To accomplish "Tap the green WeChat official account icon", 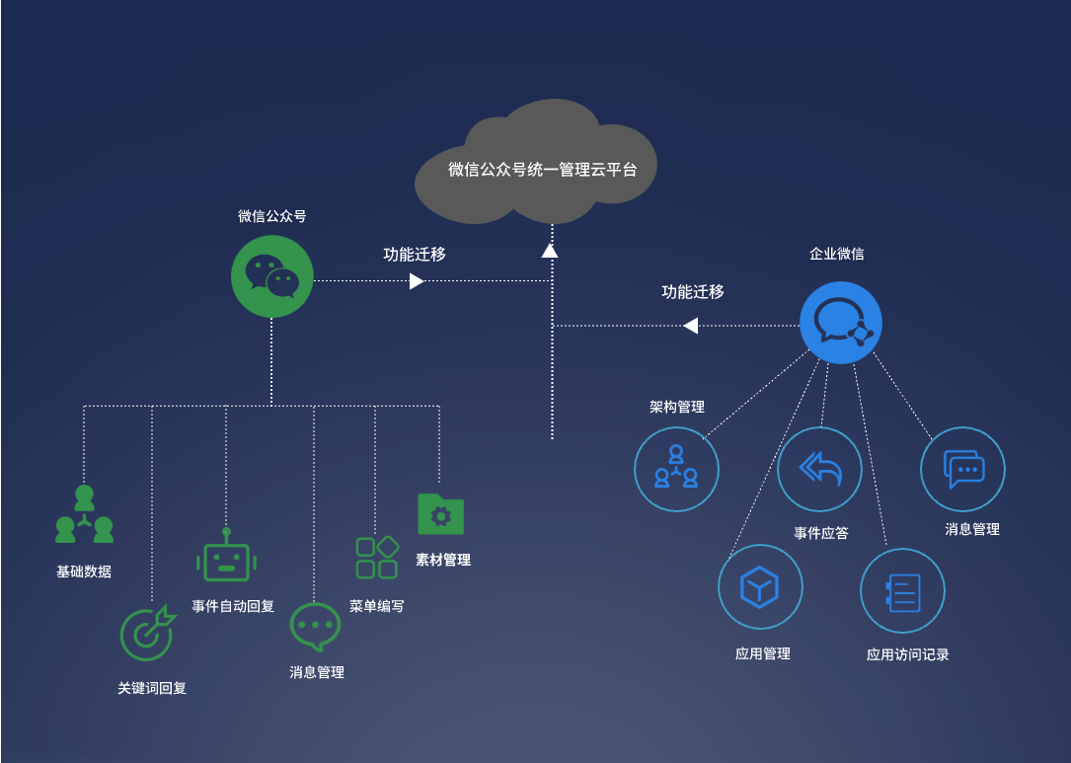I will coord(271,275).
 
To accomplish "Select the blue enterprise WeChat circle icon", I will coord(840,322).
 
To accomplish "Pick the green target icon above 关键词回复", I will coord(146,633).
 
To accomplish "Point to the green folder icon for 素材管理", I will coord(440,514).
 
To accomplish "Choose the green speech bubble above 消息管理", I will coord(315,627).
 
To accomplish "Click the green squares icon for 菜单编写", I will coord(377,558).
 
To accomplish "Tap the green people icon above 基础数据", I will coord(84,515).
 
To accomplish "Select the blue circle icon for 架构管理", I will coord(676,469).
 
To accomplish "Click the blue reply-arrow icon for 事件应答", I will coord(819,469).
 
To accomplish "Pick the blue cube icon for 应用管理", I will coord(760,587).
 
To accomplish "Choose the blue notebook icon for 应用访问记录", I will coord(902,590).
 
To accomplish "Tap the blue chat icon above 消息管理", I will coord(962,469).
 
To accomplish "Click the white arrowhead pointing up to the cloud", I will coord(550,251).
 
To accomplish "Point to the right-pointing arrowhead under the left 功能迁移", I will coord(417,281).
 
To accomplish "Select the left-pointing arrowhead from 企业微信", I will coord(691,325).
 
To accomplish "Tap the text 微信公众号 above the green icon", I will coord(271,216).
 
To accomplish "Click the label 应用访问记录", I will coord(907,654).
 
